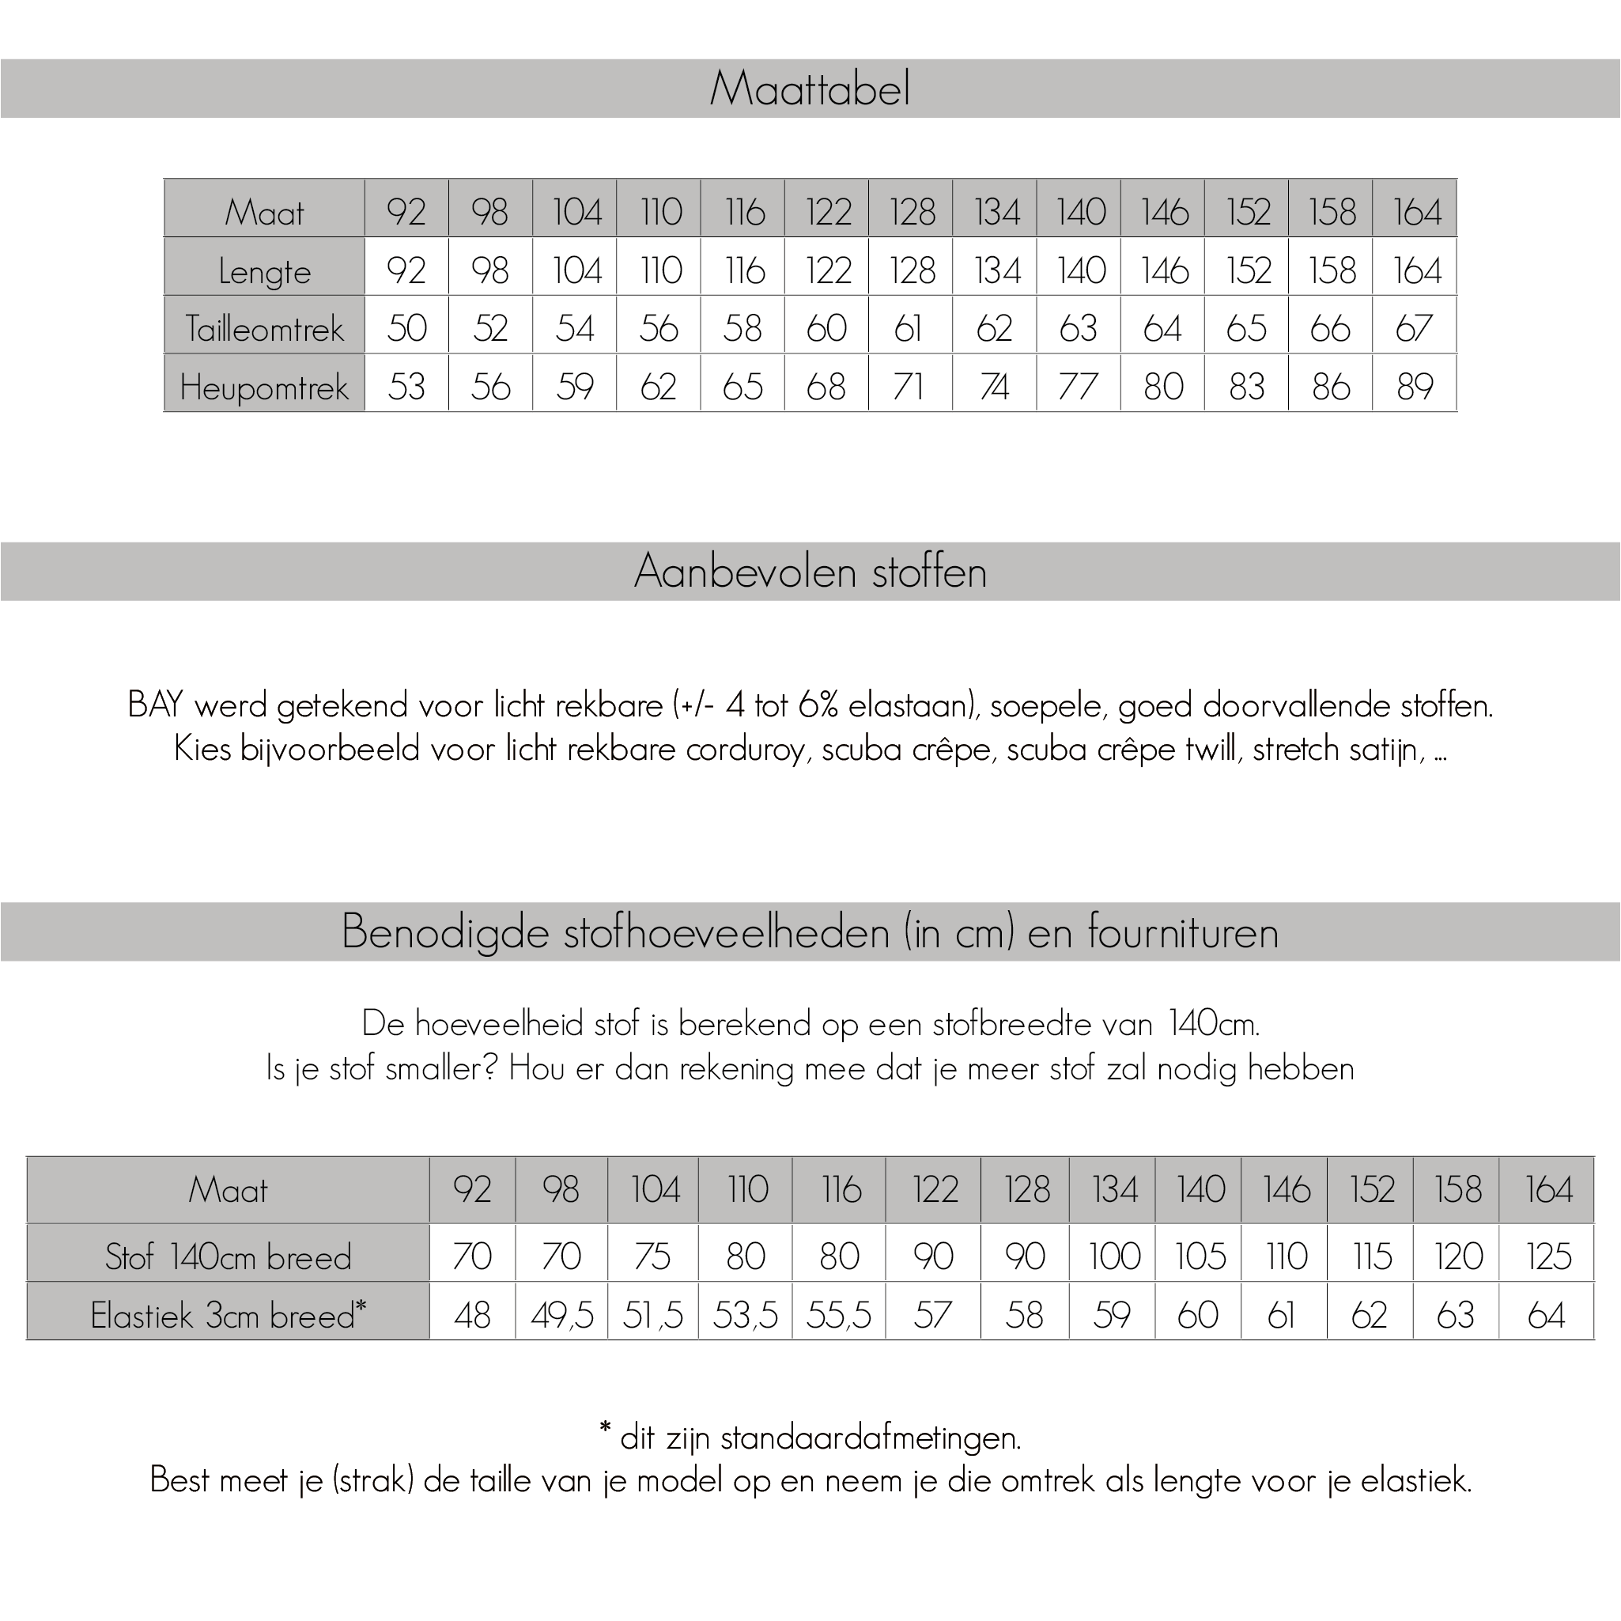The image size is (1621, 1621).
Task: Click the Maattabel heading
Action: [x=810, y=88]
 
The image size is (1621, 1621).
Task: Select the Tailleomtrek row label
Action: [x=264, y=328]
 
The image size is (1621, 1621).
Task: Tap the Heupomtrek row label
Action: [x=264, y=387]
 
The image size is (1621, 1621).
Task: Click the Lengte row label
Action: [x=264, y=271]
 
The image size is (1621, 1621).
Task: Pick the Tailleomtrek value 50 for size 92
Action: [x=407, y=328]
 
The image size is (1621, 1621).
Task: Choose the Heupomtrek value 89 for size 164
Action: [x=1415, y=387]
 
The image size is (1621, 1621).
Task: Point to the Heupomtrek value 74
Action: [x=994, y=387]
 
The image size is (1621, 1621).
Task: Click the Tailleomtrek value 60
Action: [x=826, y=328]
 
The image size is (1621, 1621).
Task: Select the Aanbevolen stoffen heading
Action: [x=810, y=572]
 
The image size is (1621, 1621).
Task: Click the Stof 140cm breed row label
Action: [x=229, y=1256]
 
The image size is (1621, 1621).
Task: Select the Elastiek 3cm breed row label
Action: [x=229, y=1315]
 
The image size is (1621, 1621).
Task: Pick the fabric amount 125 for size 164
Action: [x=1548, y=1256]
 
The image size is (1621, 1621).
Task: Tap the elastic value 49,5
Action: [x=562, y=1315]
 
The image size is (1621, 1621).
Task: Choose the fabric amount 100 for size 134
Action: [x=1114, y=1256]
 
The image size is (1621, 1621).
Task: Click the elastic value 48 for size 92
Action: [x=472, y=1315]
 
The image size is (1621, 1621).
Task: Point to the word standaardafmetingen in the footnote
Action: [x=870, y=1438]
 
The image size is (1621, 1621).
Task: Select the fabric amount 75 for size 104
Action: [x=653, y=1256]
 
